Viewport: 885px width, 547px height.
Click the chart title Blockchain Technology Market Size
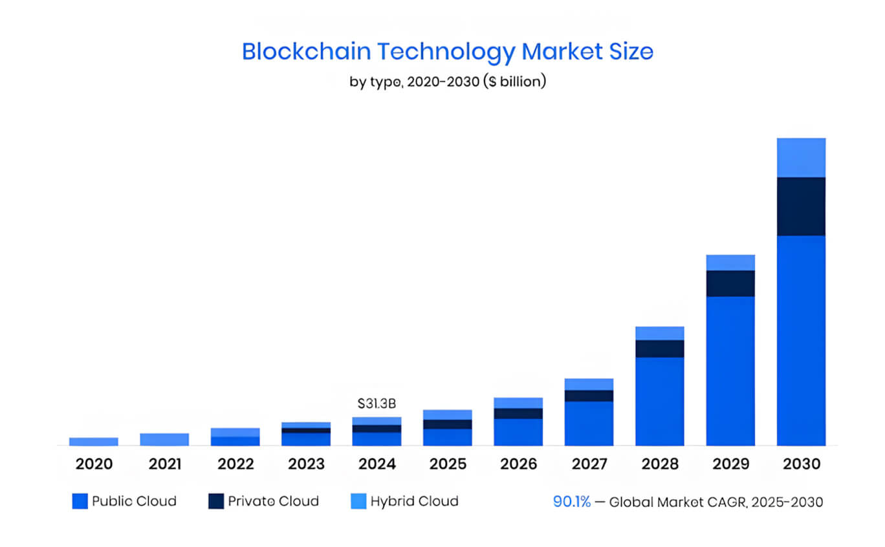447,52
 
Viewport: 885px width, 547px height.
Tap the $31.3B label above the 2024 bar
377,403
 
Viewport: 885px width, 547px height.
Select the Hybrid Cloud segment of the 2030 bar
801,157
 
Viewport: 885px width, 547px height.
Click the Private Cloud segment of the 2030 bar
801,206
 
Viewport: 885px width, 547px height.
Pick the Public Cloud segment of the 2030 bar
801,340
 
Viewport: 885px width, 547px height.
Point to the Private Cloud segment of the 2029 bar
730,283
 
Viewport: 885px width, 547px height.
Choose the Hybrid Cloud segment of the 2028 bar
659,333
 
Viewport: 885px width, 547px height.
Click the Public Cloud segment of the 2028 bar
659,401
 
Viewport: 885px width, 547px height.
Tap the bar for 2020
94,442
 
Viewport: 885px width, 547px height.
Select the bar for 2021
164,440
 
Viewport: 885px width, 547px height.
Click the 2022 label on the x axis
235,464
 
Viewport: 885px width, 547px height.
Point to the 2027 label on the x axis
589,464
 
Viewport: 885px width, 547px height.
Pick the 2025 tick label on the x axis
448,464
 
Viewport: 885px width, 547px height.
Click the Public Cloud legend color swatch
80,501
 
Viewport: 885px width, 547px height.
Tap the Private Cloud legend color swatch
216,501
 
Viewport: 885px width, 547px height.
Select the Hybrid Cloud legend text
414,501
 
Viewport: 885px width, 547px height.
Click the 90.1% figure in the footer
571,502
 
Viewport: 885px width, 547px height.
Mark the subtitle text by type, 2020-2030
447,82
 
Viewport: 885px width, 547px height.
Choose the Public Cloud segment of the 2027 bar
589,424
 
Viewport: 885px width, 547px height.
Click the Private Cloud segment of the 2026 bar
518,413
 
